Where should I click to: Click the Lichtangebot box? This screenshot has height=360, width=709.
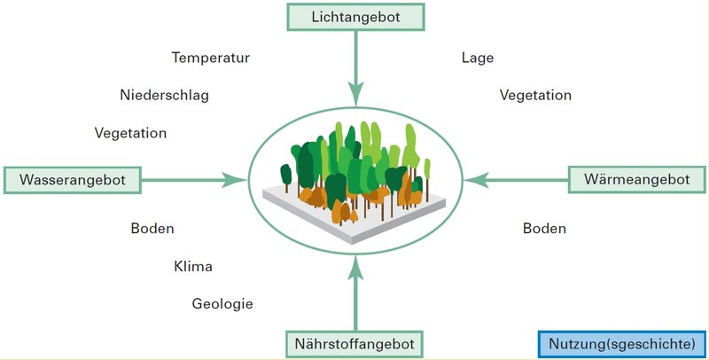tap(355, 16)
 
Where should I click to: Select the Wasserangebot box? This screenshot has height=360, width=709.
tap(73, 180)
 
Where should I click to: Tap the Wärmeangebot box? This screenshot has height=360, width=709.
tap(636, 180)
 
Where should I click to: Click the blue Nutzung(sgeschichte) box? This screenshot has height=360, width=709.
tap(620, 342)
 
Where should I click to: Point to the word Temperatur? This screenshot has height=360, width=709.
tap(211, 59)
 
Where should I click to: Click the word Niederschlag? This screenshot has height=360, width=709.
tap(164, 95)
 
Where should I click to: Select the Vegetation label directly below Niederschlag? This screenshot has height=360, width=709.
tap(130, 133)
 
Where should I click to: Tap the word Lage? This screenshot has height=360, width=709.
tap(478, 59)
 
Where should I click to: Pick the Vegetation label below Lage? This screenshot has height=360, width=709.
tap(535, 95)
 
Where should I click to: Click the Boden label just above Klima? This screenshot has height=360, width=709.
tap(152, 229)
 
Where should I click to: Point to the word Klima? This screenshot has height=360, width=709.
tap(193, 266)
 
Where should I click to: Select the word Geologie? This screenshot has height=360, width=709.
tap(222, 304)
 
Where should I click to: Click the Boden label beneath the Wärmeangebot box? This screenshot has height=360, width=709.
tap(544, 229)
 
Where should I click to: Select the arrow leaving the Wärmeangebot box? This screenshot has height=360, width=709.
tap(518, 180)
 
